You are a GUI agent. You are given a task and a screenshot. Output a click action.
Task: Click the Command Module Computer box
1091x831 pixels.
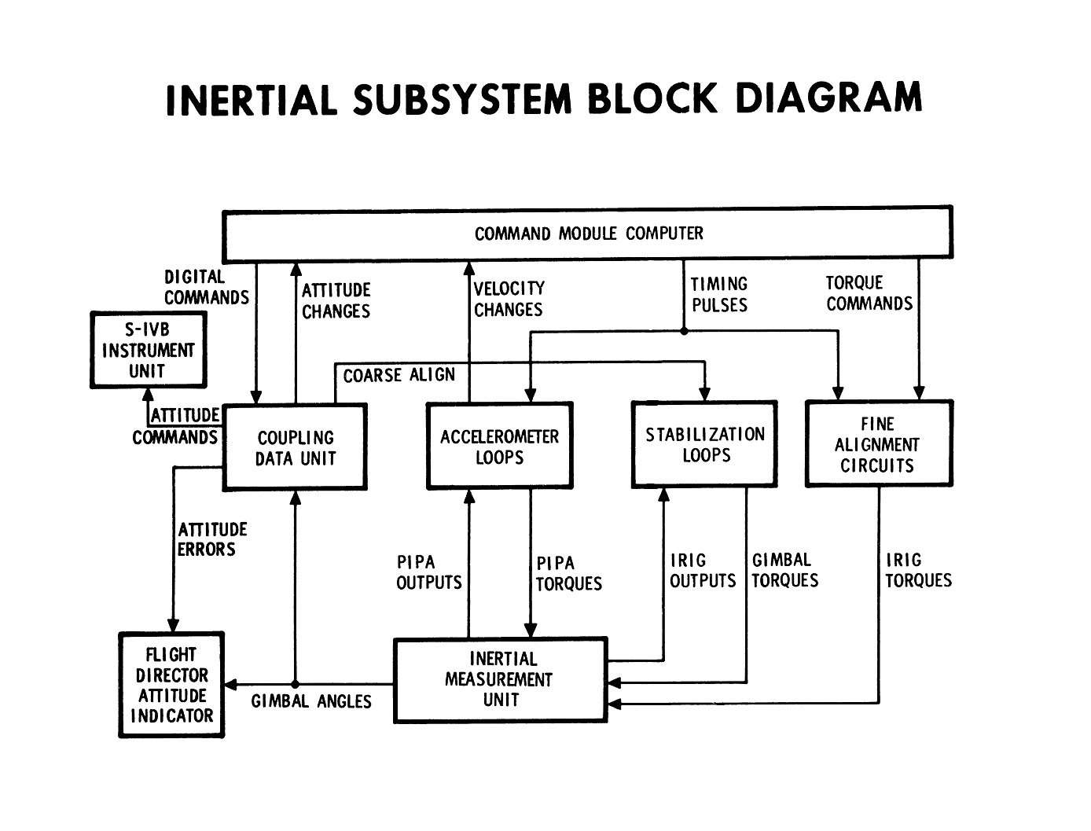[588, 233]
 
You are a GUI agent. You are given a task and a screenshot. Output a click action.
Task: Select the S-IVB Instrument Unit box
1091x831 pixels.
[149, 350]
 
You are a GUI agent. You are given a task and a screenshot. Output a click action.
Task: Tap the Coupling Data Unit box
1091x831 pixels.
[296, 447]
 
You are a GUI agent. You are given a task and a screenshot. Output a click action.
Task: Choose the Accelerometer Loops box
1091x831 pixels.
[499, 447]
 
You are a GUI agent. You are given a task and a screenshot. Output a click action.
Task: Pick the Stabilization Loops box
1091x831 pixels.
[705, 445]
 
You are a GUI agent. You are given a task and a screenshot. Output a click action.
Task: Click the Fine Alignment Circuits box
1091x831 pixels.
[878, 444]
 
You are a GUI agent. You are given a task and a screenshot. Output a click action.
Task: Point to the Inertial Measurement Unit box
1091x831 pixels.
[500, 679]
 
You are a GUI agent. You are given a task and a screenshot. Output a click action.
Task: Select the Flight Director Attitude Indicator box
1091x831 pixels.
[172, 685]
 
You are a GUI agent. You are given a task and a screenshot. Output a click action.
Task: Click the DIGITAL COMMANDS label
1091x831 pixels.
[205, 287]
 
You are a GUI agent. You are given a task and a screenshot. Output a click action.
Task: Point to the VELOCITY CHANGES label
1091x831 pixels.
[509, 299]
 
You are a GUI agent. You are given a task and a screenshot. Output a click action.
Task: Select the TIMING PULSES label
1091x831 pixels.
[719, 294]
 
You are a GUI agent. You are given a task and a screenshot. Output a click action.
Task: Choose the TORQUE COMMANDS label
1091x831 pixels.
[869, 293]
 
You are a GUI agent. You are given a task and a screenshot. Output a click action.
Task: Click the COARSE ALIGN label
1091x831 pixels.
[399, 375]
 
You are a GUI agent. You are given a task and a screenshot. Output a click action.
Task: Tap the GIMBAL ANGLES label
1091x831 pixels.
[311, 701]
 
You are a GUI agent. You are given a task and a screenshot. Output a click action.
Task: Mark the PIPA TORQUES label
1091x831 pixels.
[568, 574]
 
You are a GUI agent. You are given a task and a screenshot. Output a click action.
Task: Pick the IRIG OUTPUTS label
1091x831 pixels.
[702, 571]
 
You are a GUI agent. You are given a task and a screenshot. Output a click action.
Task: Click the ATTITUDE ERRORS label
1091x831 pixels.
[212, 539]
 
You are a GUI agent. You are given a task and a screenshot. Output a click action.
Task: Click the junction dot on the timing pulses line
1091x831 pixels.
[684, 331]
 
